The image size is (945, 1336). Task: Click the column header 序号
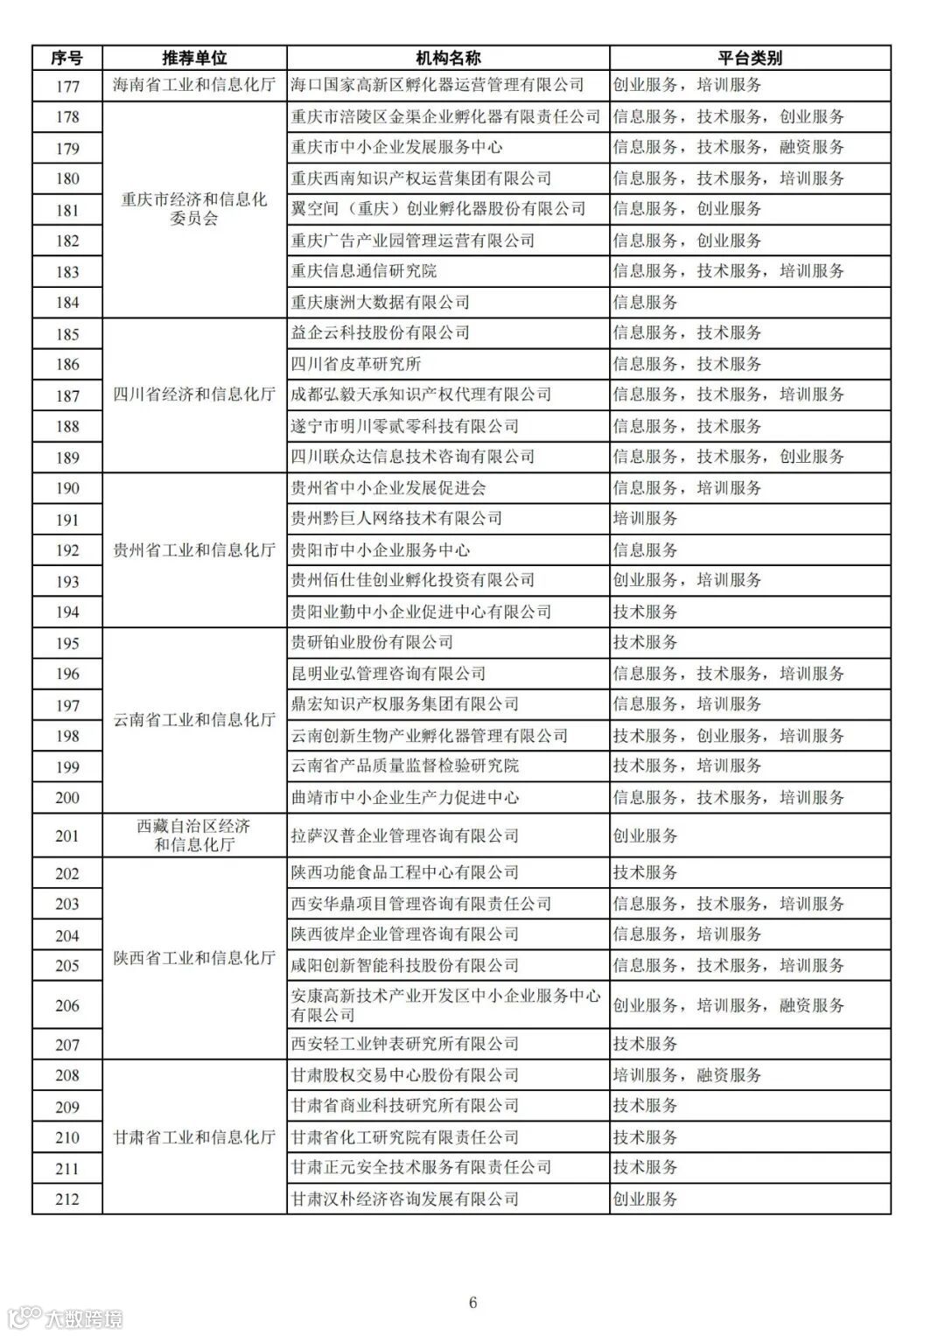67,58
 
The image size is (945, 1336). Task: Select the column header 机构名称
448,58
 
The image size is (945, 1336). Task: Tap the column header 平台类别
750,58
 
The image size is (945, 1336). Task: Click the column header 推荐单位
194,58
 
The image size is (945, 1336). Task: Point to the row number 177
67,86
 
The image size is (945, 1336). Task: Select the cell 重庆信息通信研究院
364,271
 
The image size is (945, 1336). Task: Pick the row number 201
67,836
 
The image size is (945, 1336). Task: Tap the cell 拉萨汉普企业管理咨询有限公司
405,836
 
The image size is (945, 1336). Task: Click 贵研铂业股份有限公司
372,642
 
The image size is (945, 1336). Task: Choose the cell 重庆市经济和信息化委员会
194,209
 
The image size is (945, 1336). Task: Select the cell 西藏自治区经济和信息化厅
194,836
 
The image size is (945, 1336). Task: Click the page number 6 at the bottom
473,1303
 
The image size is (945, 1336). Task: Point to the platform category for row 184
646,303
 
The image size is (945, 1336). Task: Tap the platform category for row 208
687,1075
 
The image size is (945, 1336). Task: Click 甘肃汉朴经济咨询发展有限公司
405,1199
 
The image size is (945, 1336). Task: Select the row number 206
67,1005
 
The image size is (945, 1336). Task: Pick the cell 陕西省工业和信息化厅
194,958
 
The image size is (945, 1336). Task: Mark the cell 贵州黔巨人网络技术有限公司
396,519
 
